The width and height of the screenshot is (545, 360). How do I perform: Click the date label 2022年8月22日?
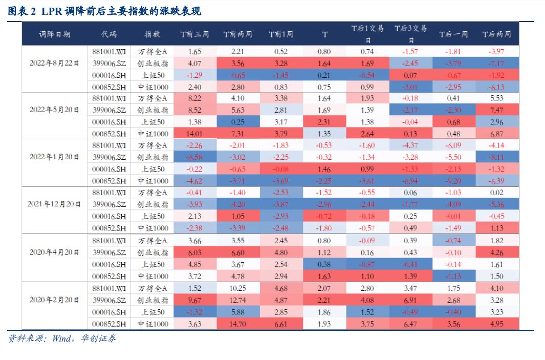[x=54, y=63]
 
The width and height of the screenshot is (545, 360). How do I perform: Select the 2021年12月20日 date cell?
[x=54, y=204]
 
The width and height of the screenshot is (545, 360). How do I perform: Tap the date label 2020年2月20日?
[x=54, y=300]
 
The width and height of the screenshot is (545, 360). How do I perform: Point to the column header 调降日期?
[x=54, y=34]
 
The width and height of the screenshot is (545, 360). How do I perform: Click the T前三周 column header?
[x=194, y=34]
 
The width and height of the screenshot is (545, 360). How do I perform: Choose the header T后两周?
[x=496, y=34]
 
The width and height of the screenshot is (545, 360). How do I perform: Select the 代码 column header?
[x=108, y=34]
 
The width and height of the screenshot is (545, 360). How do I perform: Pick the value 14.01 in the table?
[x=194, y=134]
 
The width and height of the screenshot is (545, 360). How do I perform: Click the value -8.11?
[x=496, y=157]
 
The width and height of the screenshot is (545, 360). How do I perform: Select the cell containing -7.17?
[x=496, y=63]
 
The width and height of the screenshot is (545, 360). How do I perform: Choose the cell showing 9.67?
[x=194, y=300]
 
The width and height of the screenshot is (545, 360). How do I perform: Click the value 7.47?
[x=496, y=110]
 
